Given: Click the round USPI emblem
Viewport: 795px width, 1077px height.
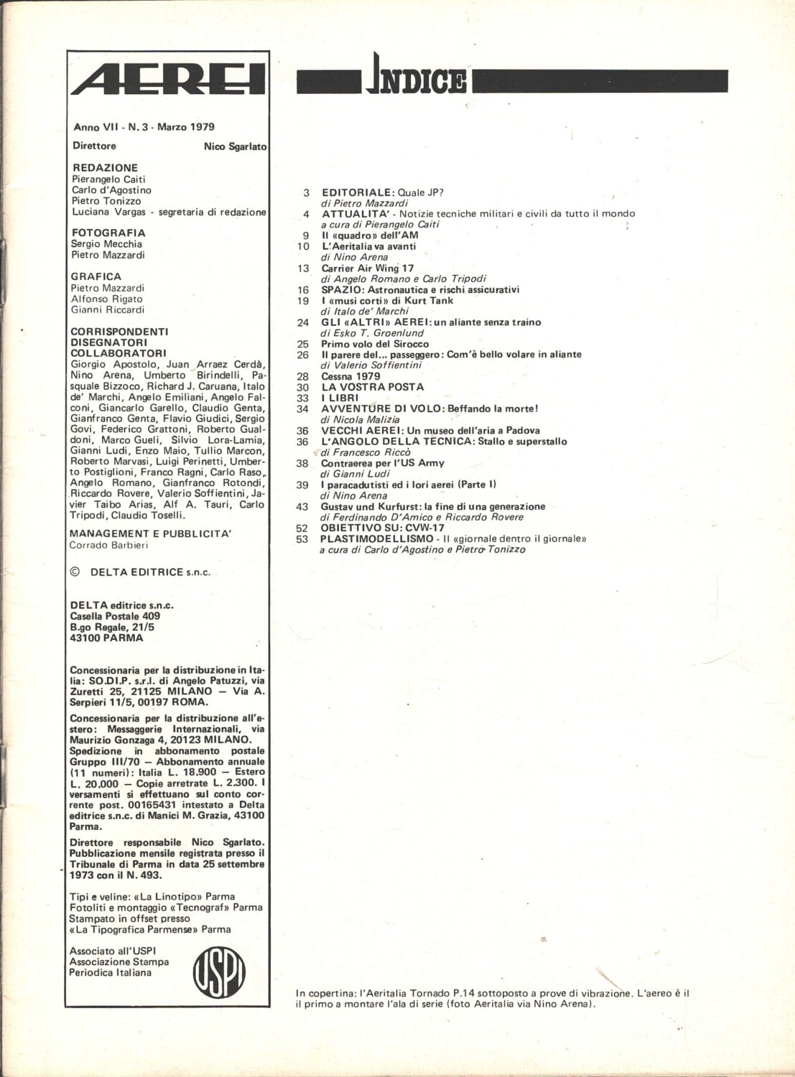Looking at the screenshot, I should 219,972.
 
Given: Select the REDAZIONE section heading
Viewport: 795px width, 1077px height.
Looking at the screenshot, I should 105,167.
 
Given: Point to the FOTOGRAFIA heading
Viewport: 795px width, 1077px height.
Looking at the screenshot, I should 108,233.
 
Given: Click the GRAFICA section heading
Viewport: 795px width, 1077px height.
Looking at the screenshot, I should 96,276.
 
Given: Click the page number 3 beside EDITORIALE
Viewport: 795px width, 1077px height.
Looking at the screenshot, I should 306,192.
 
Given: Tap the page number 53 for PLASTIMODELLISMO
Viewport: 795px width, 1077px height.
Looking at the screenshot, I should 302,538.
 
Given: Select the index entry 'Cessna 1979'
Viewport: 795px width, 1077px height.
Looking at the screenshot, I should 350,376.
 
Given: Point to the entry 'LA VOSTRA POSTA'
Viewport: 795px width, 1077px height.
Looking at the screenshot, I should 372,387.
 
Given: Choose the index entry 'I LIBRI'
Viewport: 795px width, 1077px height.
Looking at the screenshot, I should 339,398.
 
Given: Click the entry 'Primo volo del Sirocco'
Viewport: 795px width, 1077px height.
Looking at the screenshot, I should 375,344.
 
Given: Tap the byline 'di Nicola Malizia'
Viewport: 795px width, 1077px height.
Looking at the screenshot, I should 360,419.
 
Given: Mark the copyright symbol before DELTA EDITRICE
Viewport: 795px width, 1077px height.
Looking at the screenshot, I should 75,572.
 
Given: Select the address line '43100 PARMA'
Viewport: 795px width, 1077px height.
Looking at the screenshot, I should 106,638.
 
